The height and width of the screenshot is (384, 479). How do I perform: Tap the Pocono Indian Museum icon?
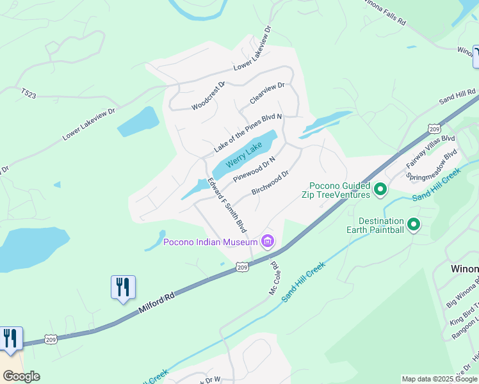(268, 241)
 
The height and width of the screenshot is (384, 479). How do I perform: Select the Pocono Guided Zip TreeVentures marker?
(380, 189)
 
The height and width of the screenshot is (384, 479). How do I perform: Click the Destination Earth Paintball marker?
(414, 224)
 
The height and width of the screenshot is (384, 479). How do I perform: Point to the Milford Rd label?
(157, 303)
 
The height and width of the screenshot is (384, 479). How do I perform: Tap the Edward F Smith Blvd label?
(227, 205)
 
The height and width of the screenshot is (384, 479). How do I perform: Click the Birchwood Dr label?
(270, 182)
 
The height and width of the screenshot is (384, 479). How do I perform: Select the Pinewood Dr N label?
(254, 168)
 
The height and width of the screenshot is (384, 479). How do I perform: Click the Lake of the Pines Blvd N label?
(248, 133)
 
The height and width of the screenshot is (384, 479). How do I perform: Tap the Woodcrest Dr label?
(209, 95)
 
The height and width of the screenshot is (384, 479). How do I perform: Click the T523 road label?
(28, 93)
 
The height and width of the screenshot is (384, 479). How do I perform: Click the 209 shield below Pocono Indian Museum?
(241, 266)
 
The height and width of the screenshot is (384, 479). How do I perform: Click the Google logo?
(21, 376)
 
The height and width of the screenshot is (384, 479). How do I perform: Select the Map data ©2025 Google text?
(439, 379)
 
